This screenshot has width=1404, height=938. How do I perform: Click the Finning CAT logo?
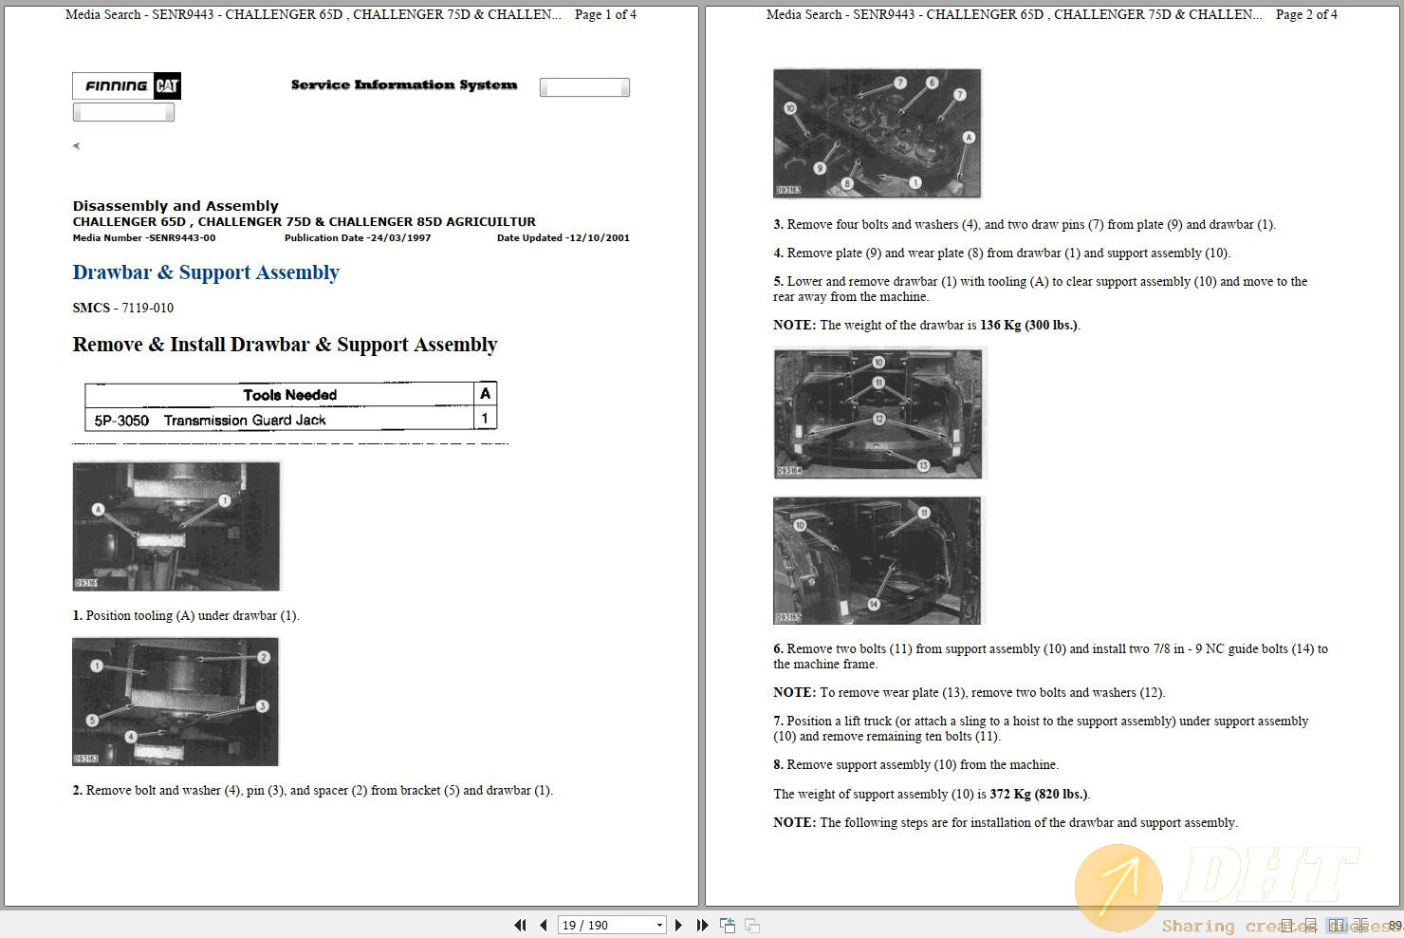pos(126,86)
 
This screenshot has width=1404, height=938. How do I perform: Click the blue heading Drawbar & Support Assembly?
pos(206,272)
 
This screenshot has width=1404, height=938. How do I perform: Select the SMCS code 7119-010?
pos(147,308)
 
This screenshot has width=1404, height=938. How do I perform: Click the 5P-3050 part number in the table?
pos(121,420)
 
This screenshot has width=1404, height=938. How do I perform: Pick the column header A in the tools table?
pos(485,393)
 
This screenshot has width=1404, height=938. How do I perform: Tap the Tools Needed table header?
pos(289,394)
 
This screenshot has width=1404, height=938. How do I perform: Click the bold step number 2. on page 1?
pos(78,790)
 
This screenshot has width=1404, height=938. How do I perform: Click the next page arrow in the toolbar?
pos(677,925)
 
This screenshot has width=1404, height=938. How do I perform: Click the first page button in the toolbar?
pos(520,925)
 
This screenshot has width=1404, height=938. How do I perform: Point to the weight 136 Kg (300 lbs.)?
pos(1028,325)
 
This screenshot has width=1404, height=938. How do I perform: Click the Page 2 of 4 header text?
pos(1306,14)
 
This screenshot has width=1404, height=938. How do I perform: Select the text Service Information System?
pos(404,84)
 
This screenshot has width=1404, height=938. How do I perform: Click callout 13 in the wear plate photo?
pos(923,465)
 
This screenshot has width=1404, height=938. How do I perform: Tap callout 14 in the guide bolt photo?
pos(874,604)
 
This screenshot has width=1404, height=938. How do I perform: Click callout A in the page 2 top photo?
pos(969,138)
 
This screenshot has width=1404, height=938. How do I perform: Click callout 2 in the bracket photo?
pos(264,657)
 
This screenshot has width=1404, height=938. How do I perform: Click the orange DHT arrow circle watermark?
pos(1118,886)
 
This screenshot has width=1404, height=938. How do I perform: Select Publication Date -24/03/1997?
pos(358,238)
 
